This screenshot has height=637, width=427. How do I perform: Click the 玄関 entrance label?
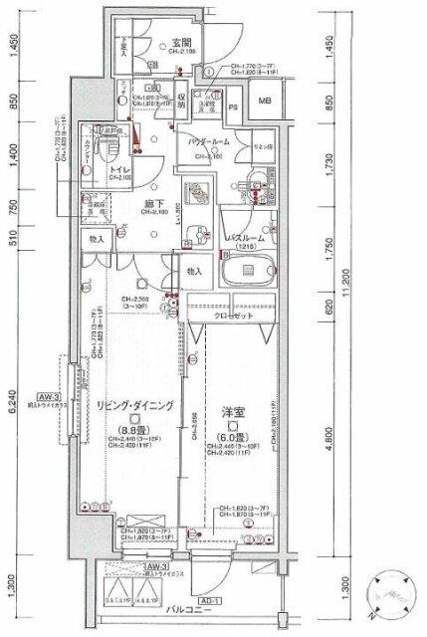(181, 42)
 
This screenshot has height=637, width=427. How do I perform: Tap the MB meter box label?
(265, 102)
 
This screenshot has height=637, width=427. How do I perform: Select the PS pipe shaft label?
(234, 106)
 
